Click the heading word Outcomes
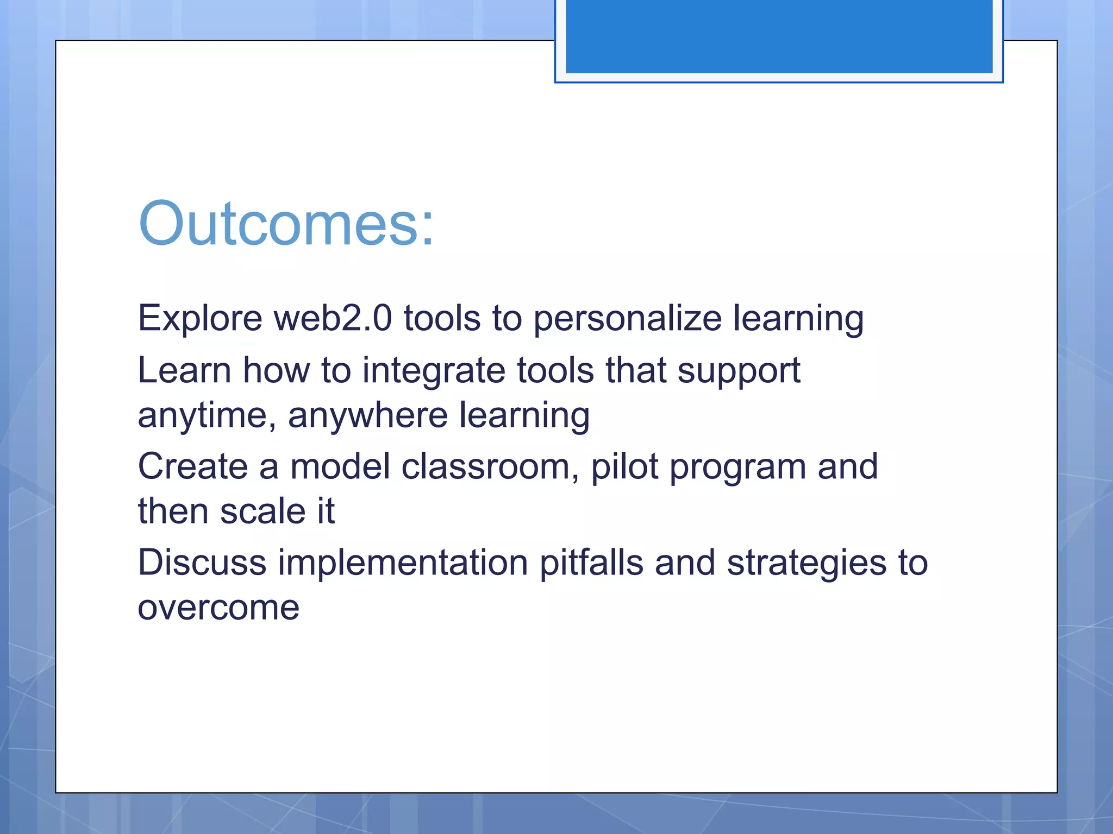pos(286,224)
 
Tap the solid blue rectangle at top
pos(779,36)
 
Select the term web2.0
pos(333,318)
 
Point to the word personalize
pos(627,319)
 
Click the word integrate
pos(434,371)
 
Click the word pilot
pos(624,467)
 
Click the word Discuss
pos(202,563)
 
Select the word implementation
pos(403,564)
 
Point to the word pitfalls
pos(591,564)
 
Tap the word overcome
pos(218,608)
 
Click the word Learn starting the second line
pos(184,371)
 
